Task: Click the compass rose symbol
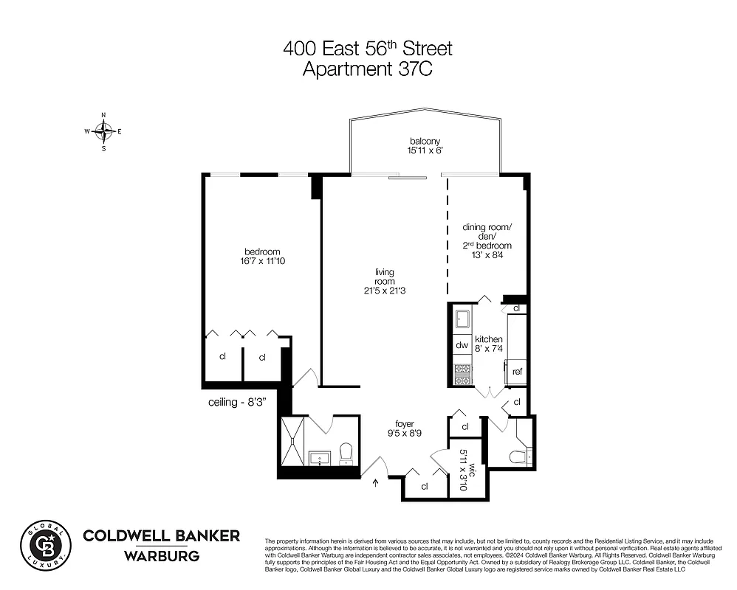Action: coord(103,132)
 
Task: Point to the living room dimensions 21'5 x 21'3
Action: coord(384,291)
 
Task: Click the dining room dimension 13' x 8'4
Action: coord(487,256)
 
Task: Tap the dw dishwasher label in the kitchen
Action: coord(462,345)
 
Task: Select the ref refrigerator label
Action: coord(517,372)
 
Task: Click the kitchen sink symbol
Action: coord(462,319)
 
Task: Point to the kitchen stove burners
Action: coord(462,374)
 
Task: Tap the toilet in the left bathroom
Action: coord(346,453)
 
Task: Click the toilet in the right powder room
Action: coord(520,455)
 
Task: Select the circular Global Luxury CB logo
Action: coord(44,545)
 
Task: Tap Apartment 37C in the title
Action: coord(368,70)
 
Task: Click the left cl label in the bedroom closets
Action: coord(222,357)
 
